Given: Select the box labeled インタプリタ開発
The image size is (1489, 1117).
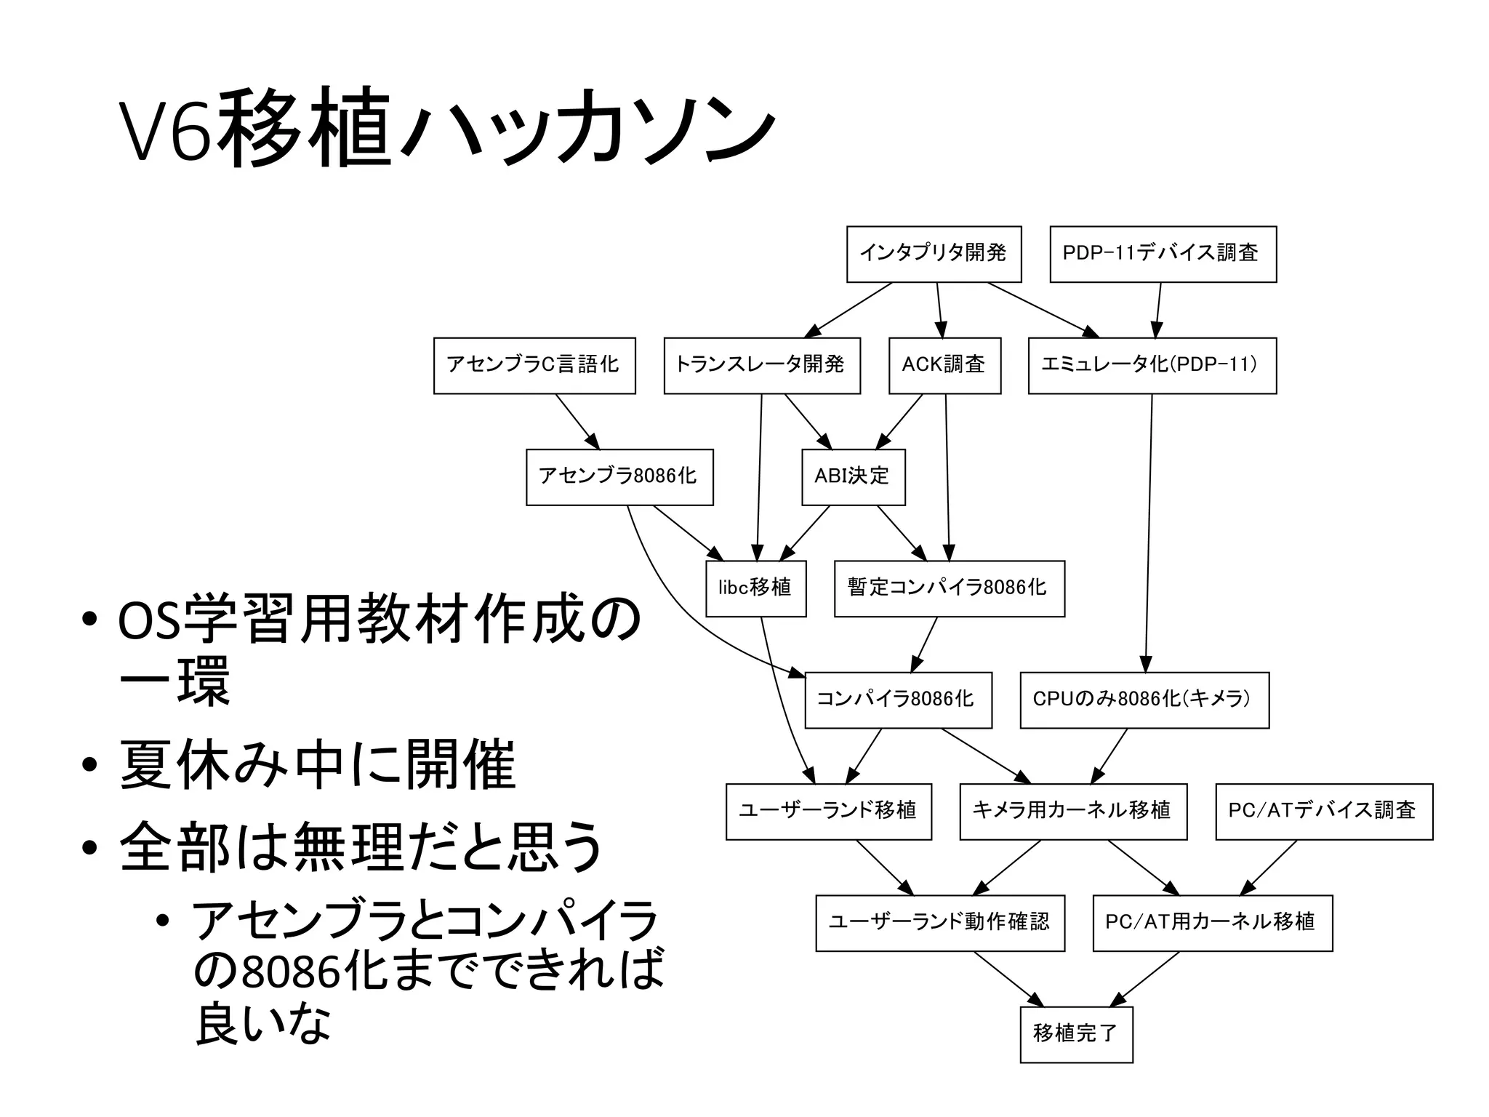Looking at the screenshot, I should click(x=934, y=254).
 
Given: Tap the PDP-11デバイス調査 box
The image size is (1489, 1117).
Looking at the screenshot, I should click(x=1163, y=254).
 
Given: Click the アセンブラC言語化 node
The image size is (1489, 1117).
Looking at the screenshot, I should click(x=534, y=365).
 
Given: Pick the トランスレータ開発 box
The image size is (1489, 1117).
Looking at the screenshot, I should click(x=761, y=365).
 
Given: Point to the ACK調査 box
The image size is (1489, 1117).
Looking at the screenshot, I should click(x=944, y=365).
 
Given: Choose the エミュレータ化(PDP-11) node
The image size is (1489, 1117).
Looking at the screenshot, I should click(x=1152, y=365).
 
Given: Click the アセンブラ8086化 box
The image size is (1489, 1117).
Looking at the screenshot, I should click(x=619, y=477).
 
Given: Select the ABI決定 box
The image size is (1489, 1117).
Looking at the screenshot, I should click(x=853, y=477).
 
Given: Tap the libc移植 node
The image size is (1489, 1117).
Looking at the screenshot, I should click(x=755, y=588).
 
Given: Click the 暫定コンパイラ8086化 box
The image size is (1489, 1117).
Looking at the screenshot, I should click(x=949, y=588).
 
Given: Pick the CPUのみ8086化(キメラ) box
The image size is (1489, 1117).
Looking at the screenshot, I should click(x=1144, y=700).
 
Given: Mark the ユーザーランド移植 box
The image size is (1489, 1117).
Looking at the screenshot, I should click(x=828, y=812).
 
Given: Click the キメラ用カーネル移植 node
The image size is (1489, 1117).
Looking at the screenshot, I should click(x=1072, y=812).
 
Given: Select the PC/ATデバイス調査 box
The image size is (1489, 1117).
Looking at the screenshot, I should click(x=1323, y=812).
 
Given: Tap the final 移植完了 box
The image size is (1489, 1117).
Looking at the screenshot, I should click(x=1076, y=1034).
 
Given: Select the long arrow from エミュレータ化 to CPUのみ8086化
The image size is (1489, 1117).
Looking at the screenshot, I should click(x=1149, y=531).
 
